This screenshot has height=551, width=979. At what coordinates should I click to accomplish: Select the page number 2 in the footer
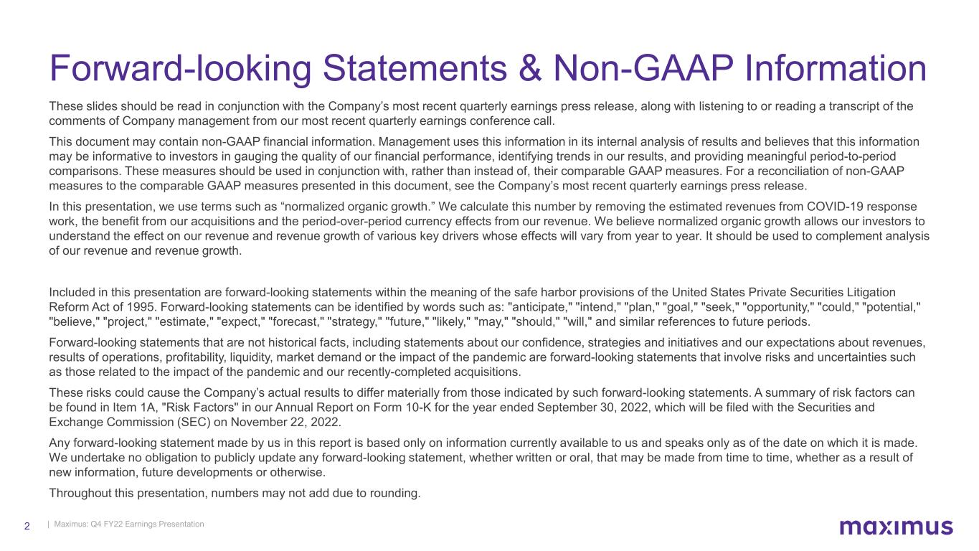pos(27,526)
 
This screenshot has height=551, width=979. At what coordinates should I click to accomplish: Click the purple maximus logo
pos(896,527)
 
